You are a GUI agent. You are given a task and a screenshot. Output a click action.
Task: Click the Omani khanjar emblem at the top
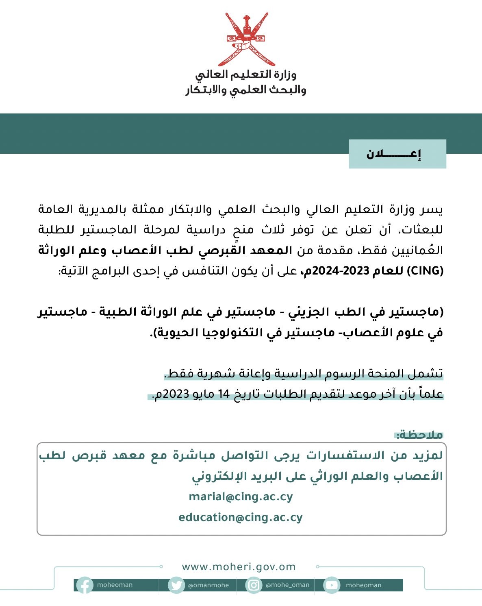point(247,39)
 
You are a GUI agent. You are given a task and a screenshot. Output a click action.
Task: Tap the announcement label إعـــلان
point(393,154)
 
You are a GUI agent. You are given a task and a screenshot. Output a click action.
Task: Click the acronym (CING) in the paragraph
point(425,271)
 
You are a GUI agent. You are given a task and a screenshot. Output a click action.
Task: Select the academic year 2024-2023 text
point(345,271)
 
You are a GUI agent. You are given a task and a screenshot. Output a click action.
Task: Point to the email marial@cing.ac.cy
point(241,497)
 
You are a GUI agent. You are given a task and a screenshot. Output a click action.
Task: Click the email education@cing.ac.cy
point(241,517)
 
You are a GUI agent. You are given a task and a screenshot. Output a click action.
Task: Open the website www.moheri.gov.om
point(239,567)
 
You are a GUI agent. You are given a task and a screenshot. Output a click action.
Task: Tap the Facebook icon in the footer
point(85,585)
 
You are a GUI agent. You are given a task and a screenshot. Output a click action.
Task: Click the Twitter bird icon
point(176,585)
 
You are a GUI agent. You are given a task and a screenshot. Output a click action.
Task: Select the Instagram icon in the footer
point(254,585)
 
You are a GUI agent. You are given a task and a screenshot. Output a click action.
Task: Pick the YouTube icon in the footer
point(332,585)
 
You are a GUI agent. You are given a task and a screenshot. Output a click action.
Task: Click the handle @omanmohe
point(208,586)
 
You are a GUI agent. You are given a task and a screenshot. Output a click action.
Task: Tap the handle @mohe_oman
point(287,585)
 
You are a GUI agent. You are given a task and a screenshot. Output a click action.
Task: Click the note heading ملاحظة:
point(419,435)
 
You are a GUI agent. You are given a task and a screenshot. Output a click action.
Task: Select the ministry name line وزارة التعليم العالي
point(246,74)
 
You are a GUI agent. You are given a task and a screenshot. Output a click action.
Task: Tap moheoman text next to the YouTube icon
point(363,585)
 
